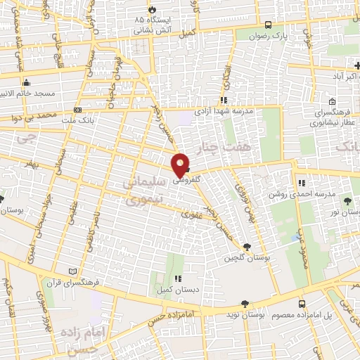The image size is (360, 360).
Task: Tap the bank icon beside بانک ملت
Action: (x=77, y=110)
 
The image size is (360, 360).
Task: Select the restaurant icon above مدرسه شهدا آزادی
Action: (x=224, y=101)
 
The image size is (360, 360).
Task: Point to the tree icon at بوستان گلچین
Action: (x=247, y=247)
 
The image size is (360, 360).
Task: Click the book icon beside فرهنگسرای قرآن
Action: (x=70, y=271)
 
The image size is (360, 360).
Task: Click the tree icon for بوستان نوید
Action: (x=244, y=304)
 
